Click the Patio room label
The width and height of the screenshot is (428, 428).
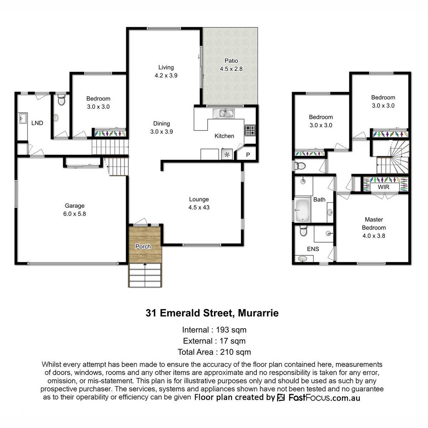point(231,61)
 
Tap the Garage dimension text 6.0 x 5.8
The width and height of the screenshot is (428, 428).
point(75,214)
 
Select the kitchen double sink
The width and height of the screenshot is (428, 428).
point(223,113)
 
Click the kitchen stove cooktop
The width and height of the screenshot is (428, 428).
point(250,131)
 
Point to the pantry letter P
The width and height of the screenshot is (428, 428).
point(248,154)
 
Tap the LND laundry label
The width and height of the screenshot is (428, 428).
point(37,123)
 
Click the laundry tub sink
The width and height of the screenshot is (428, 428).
point(22,118)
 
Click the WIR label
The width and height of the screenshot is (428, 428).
point(383,187)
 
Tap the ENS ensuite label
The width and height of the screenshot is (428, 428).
point(313,249)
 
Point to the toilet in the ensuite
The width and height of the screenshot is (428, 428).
point(303,230)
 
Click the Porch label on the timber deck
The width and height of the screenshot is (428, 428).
point(143,246)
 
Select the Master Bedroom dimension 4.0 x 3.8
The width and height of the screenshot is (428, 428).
point(374,236)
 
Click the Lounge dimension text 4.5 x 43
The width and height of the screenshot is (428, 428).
point(199,207)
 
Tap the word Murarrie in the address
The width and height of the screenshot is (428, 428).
point(258,313)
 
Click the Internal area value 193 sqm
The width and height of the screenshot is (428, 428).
point(231,330)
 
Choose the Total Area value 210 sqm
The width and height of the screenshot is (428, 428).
point(235,352)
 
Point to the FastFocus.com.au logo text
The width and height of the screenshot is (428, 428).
point(324,397)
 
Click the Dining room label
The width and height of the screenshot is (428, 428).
point(162,123)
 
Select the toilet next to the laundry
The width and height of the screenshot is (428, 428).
point(61,100)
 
